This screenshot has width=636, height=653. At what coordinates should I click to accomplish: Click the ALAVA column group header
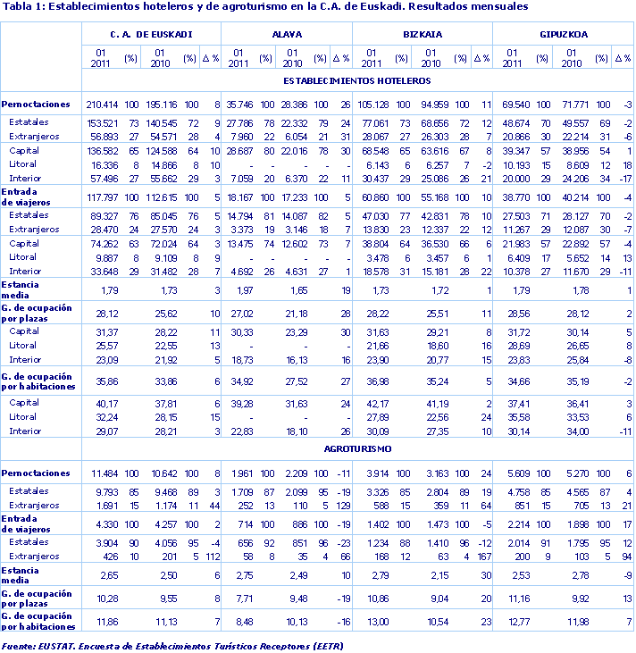(x=286, y=35)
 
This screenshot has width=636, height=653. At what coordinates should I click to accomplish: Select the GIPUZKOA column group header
(x=563, y=35)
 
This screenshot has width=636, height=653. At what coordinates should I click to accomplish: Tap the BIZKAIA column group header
(x=423, y=35)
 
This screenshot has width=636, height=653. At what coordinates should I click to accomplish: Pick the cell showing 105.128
(x=374, y=105)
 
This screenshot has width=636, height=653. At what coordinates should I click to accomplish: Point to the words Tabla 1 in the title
(x=21, y=8)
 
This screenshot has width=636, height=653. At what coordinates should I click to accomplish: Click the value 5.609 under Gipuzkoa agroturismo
(x=512, y=473)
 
